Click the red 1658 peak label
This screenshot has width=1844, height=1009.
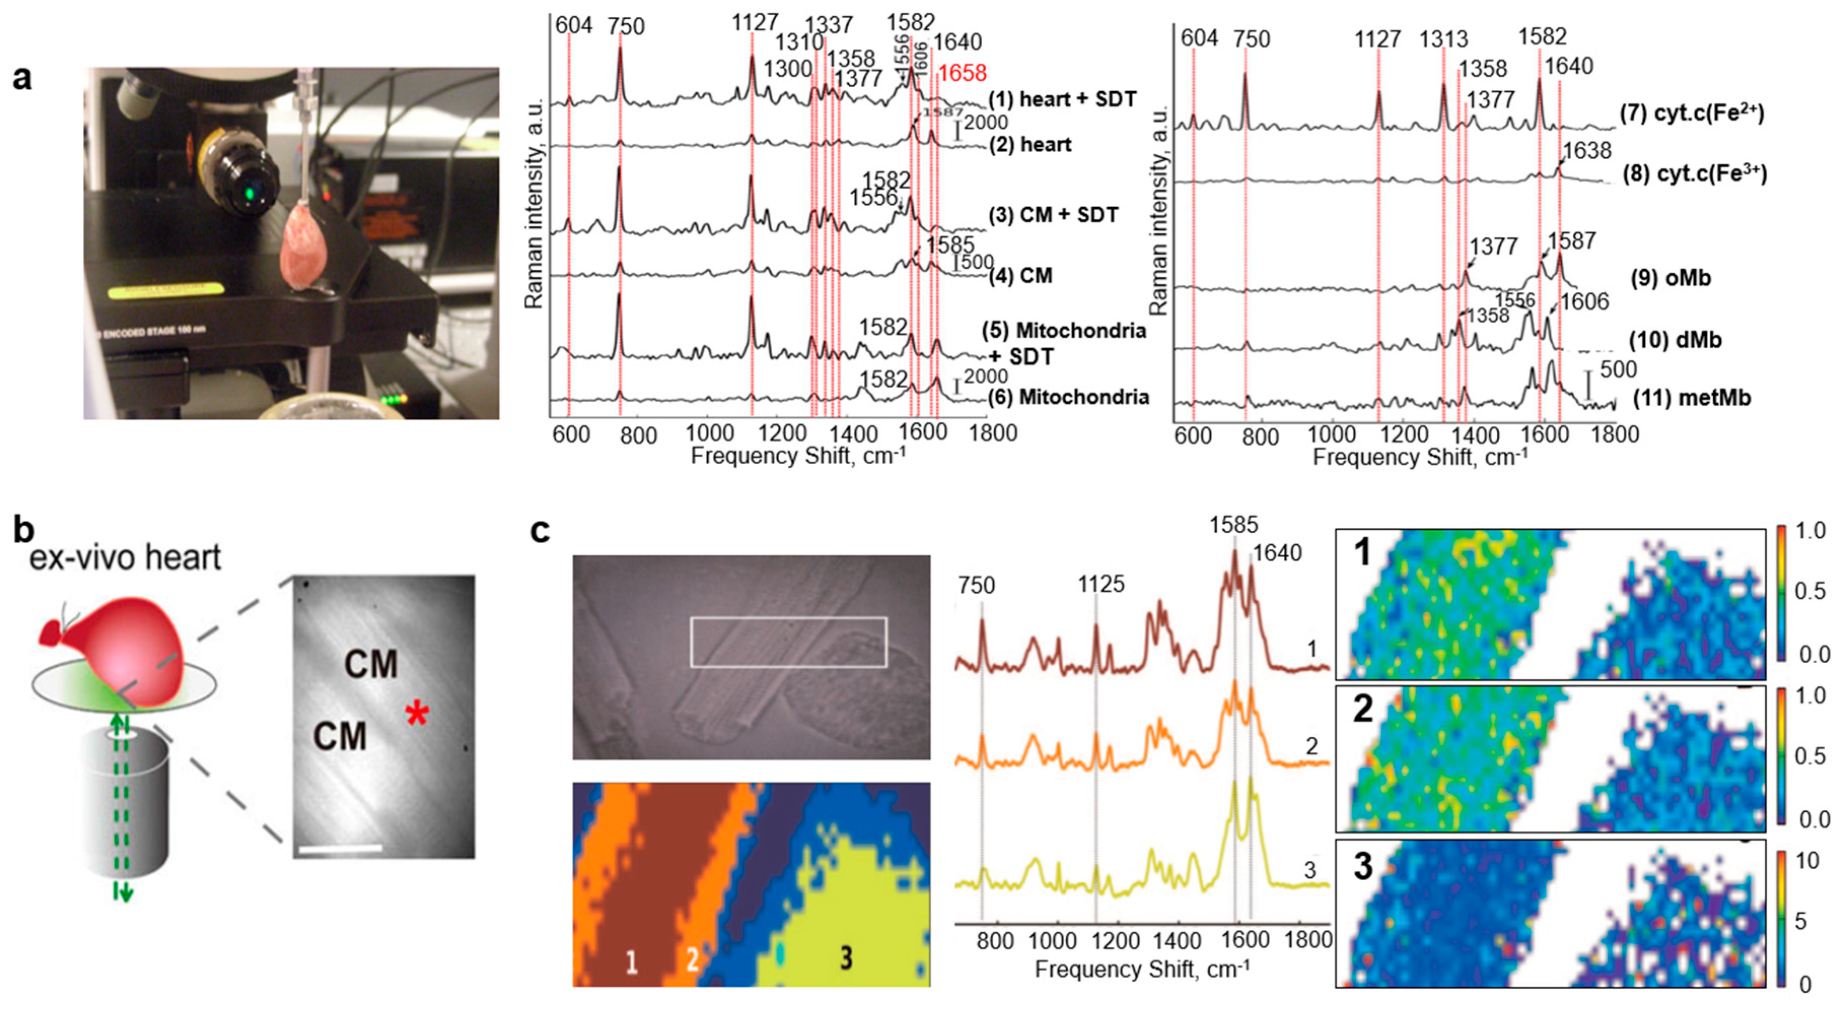[962, 73]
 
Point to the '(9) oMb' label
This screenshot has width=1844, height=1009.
[1670, 277]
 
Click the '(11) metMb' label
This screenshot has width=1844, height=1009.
[1691, 398]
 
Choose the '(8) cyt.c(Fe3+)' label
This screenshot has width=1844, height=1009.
[1694, 174]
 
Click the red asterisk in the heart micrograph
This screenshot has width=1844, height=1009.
[417, 713]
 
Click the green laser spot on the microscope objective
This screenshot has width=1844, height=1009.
[250, 193]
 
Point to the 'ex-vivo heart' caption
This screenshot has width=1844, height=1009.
[125, 557]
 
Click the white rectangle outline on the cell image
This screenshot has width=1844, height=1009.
[788, 618]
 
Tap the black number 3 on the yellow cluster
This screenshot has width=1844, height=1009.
[846, 957]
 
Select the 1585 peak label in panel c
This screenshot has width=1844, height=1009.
[1234, 525]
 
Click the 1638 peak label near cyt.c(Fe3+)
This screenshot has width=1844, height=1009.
[1586, 151]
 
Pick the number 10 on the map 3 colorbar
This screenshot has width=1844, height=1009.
[1807, 860]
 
